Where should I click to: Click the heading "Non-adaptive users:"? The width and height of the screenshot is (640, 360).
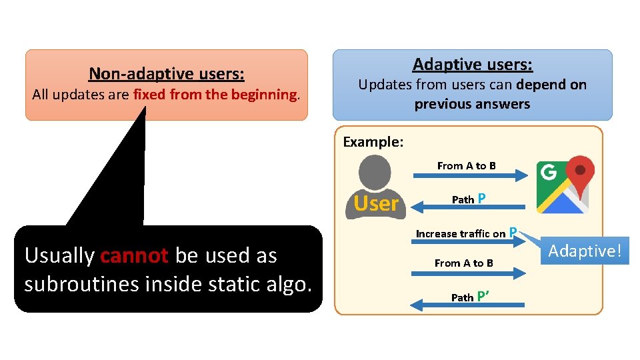click(166, 73)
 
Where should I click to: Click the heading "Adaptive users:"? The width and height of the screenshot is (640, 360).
click(472, 64)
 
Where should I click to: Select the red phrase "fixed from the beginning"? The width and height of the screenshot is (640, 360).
click(214, 94)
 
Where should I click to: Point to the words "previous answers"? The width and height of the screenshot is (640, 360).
click(472, 104)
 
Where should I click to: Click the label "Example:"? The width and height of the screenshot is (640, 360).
click(373, 141)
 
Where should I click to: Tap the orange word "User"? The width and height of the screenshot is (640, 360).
click(376, 203)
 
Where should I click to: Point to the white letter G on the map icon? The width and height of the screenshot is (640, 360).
click(548, 173)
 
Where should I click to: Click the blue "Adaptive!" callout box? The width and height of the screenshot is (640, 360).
click(584, 251)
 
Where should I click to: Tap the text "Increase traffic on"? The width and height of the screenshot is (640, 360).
click(461, 233)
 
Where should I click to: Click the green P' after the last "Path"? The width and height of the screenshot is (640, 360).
click(485, 297)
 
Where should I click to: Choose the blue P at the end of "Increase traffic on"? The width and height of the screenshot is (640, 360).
click(513, 233)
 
